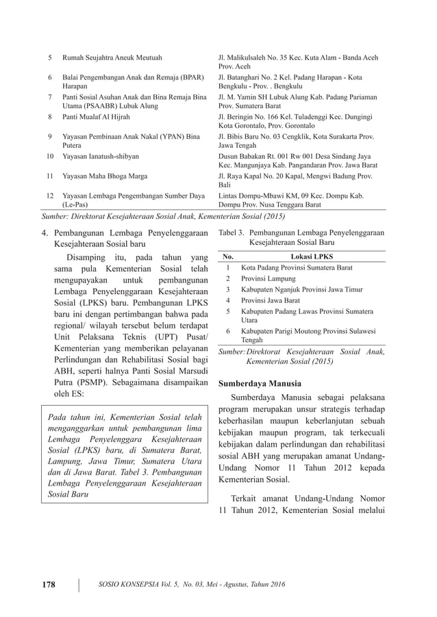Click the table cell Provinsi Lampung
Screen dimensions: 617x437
click(x=269, y=278)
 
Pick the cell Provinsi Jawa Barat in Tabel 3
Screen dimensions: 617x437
click(x=271, y=300)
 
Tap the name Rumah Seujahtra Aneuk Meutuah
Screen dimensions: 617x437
click(x=113, y=58)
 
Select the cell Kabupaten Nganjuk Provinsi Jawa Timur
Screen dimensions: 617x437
click(x=302, y=289)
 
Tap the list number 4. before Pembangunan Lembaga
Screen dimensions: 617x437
click(x=45, y=233)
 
